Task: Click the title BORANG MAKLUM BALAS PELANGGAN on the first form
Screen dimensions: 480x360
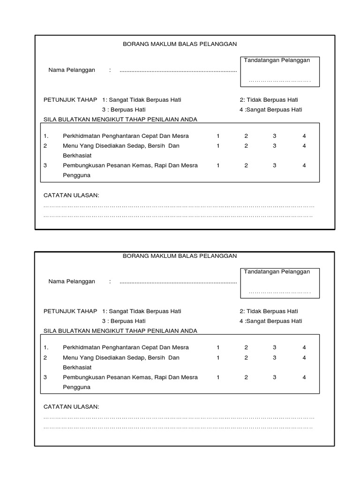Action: tap(180, 44)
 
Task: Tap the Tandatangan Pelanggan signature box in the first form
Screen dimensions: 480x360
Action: tap(279, 72)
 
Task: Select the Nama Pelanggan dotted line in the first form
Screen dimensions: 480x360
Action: tap(178, 71)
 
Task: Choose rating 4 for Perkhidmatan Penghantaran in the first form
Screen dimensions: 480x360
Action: tap(304, 136)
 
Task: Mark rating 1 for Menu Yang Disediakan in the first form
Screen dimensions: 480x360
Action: tap(218, 146)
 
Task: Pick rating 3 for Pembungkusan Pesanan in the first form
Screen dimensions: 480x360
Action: tap(275, 165)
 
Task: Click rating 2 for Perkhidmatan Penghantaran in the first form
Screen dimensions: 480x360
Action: tap(246, 136)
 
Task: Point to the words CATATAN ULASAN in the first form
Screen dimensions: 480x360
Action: tap(71, 195)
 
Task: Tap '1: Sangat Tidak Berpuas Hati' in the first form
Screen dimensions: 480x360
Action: tap(142, 100)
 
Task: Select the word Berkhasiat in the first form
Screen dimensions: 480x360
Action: tap(77, 156)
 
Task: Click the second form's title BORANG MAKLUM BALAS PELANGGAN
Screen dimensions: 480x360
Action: tap(180, 256)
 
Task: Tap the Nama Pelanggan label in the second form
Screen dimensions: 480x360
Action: tap(72, 282)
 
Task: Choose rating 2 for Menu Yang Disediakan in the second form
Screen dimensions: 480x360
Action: tap(246, 358)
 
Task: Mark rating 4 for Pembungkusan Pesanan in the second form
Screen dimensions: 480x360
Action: tap(304, 377)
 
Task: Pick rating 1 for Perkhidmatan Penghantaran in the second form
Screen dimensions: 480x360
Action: tap(218, 348)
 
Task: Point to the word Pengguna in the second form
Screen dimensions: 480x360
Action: tap(76, 387)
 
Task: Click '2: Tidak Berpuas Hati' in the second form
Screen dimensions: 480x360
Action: tap(269, 311)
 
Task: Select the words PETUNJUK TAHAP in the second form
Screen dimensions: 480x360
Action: tap(70, 311)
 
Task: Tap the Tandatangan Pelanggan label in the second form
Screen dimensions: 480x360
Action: tap(277, 272)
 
